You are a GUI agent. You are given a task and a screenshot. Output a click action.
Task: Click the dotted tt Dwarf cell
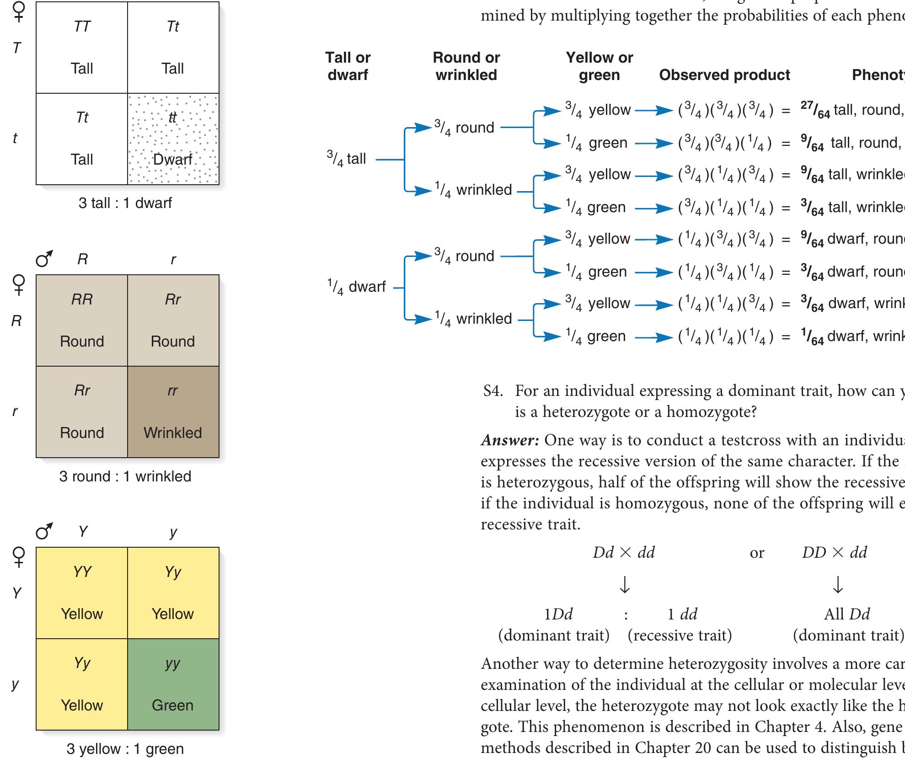pos(173,139)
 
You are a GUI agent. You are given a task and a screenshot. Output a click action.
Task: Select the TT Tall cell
pos(82,48)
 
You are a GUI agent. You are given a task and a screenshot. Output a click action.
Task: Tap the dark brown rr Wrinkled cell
pos(173,411)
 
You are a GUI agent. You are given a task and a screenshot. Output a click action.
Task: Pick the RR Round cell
pos(82,320)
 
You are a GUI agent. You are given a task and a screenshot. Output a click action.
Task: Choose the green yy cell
pos(173,684)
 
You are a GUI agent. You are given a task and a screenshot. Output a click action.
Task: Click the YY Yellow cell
pos(82,593)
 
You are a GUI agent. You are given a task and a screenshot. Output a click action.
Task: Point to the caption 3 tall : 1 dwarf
pos(125,203)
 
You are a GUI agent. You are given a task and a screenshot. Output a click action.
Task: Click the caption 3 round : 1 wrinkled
pos(125,476)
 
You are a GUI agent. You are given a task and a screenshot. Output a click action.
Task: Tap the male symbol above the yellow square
pos(44,532)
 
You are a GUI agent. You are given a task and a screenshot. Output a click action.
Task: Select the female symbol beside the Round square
pos(18,284)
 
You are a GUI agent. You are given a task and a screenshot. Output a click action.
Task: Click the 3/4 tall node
pos(347,159)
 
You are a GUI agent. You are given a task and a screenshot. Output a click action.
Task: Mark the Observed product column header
pos(724,75)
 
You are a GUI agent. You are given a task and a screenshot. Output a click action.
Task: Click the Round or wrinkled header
pos(466,66)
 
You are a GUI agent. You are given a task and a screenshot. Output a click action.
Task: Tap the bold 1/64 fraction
pos(812,336)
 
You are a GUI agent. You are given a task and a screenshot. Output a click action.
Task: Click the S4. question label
pos(493,391)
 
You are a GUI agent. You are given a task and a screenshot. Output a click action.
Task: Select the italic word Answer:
pos(510,440)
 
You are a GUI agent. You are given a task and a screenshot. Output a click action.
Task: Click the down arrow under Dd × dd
pos(624,584)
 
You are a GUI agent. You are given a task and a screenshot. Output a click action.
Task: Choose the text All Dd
pos(846,614)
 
